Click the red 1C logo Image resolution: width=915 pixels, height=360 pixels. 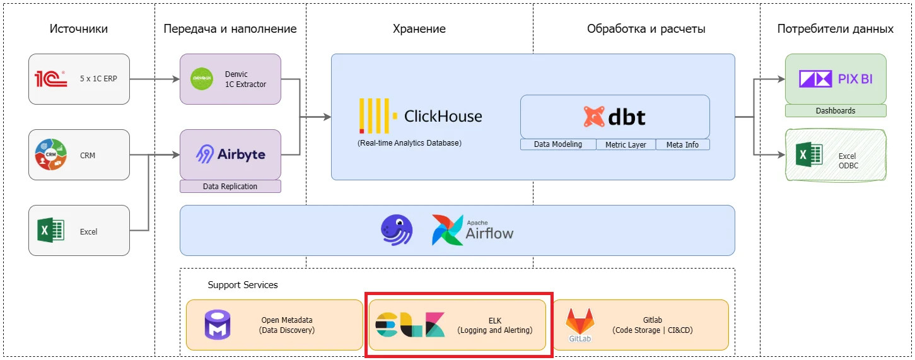coord(50,79)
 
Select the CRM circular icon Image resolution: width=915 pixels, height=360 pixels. coord(50,154)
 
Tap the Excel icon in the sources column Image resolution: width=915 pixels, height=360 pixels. coord(50,231)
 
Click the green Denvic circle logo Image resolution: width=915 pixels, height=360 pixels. coord(202,79)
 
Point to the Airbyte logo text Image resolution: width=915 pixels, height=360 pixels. coord(241,154)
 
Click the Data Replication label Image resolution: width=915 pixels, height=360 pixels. coord(230,187)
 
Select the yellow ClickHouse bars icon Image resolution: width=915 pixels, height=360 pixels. coord(378,115)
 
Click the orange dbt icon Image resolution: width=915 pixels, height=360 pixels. coord(593,117)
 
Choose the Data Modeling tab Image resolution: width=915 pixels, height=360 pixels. coord(558,144)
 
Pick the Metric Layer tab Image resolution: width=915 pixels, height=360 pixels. coord(626,144)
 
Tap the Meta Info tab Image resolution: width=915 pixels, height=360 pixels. coord(682,144)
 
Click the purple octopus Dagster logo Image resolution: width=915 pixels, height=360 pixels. coord(397,230)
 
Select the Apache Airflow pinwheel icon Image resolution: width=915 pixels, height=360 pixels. coord(447,230)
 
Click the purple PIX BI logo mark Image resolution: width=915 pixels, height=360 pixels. coord(815,79)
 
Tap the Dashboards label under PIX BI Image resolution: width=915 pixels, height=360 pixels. coord(836,111)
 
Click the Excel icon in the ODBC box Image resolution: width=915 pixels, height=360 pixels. coord(809,154)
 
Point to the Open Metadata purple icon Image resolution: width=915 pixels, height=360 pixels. coord(218,325)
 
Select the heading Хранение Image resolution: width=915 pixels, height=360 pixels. coord(419,28)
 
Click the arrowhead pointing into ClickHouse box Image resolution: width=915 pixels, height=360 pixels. coord(327,117)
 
